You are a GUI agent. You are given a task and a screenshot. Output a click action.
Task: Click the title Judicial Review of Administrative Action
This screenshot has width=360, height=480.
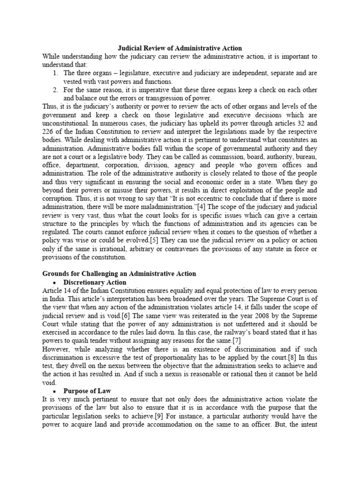pyautogui.click(x=180, y=48)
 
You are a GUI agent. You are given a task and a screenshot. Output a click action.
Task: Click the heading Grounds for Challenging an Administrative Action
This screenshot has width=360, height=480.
pyautogui.click(x=119, y=274)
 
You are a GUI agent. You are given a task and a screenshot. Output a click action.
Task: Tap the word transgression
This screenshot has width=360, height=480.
pyautogui.click(x=162, y=98)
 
